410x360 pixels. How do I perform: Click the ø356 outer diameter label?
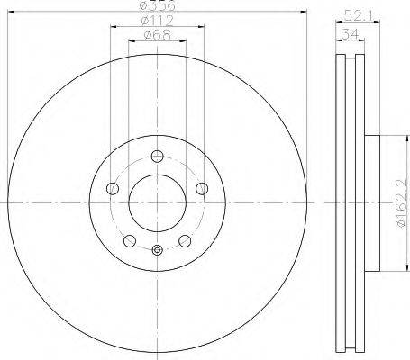point(157,6)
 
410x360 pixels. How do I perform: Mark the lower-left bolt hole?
point(129,240)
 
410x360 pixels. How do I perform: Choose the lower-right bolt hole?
point(185,240)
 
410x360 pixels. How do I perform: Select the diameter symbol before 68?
point(148,36)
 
